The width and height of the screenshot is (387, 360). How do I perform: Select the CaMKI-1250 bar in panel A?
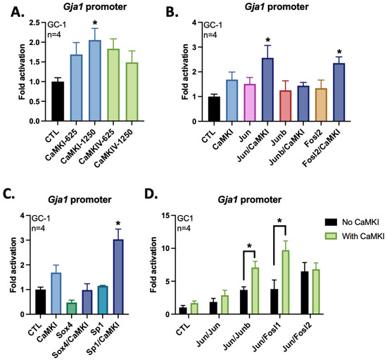94,80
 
